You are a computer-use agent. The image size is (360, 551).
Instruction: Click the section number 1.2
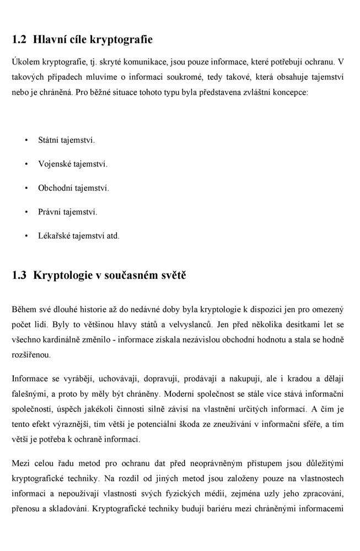(x=19, y=40)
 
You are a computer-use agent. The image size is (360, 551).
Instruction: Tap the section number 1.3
(x=19, y=275)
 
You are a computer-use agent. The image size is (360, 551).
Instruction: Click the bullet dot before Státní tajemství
(x=26, y=141)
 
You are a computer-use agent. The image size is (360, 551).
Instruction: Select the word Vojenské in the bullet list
(x=56, y=164)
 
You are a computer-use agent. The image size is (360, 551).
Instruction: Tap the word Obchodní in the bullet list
(x=56, y=188)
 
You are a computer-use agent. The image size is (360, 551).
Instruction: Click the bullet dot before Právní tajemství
(x=26, y=212)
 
